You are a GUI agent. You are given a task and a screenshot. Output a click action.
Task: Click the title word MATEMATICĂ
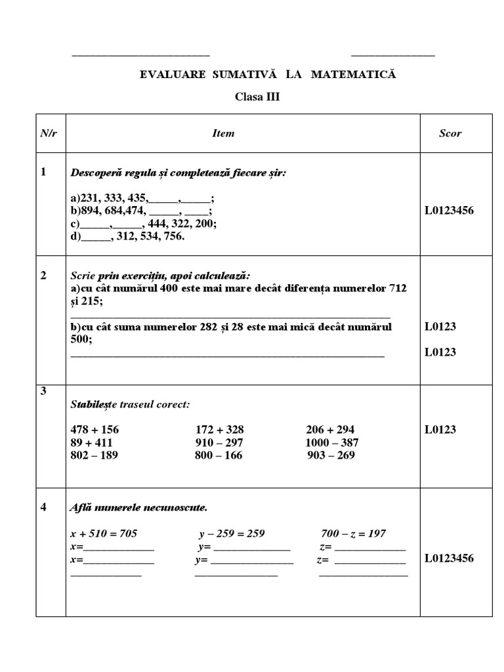pos(354,75)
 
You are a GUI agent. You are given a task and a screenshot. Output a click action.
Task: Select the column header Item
pos(223,133)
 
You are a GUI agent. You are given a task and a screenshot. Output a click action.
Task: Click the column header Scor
pos(450,133)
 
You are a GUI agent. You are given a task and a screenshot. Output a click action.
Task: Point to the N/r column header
pos(48,133)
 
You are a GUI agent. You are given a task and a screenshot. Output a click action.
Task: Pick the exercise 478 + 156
pos(94,430)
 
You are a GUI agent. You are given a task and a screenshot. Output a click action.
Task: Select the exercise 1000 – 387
pos(332,442)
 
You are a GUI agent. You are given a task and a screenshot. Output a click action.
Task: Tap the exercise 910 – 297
pos(219,442)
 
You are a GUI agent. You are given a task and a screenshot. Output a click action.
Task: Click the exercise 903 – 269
pos(331,455)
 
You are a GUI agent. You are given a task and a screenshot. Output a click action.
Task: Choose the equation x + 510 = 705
pos(104,533)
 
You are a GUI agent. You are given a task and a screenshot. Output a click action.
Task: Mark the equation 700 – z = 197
pos(353,533)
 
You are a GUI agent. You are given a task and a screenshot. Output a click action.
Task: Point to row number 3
pos(43,392)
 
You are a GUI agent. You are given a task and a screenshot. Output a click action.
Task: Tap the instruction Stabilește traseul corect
pos(130,404)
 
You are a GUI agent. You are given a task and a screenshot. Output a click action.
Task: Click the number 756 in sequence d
pos(173,236)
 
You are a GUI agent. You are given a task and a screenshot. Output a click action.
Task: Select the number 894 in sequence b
pos(89,211)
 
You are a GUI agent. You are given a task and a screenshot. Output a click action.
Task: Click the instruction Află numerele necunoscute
pos(138,507)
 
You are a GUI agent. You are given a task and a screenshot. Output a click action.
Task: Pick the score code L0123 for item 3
pos(440,430)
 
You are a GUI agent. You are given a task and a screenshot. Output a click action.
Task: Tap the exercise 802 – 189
pos(94,455)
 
